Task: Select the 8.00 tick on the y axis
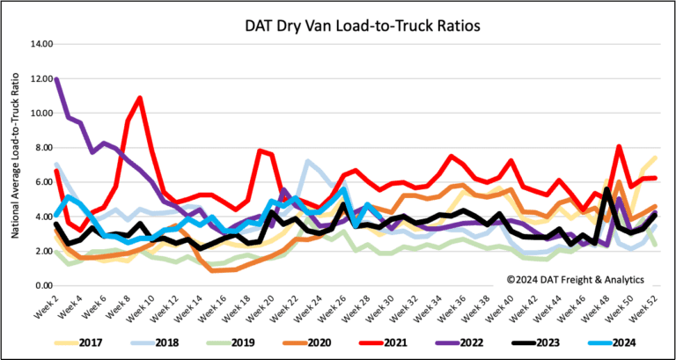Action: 40,148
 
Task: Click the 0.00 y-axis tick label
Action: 40,286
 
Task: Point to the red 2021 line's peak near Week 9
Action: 139,98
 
